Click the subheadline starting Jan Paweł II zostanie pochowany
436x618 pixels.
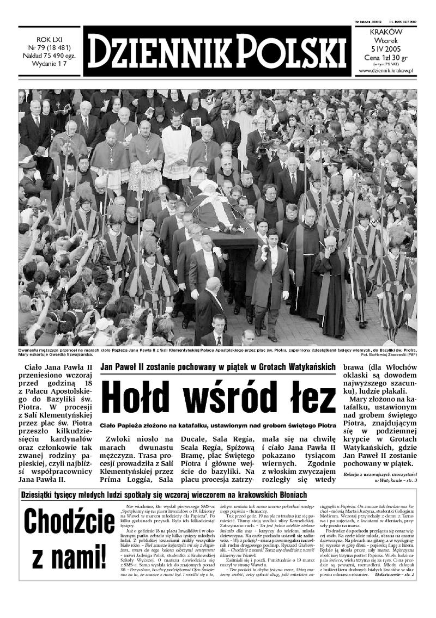[x=218, y=368]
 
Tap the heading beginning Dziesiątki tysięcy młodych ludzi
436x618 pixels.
[x=163, y=495]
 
